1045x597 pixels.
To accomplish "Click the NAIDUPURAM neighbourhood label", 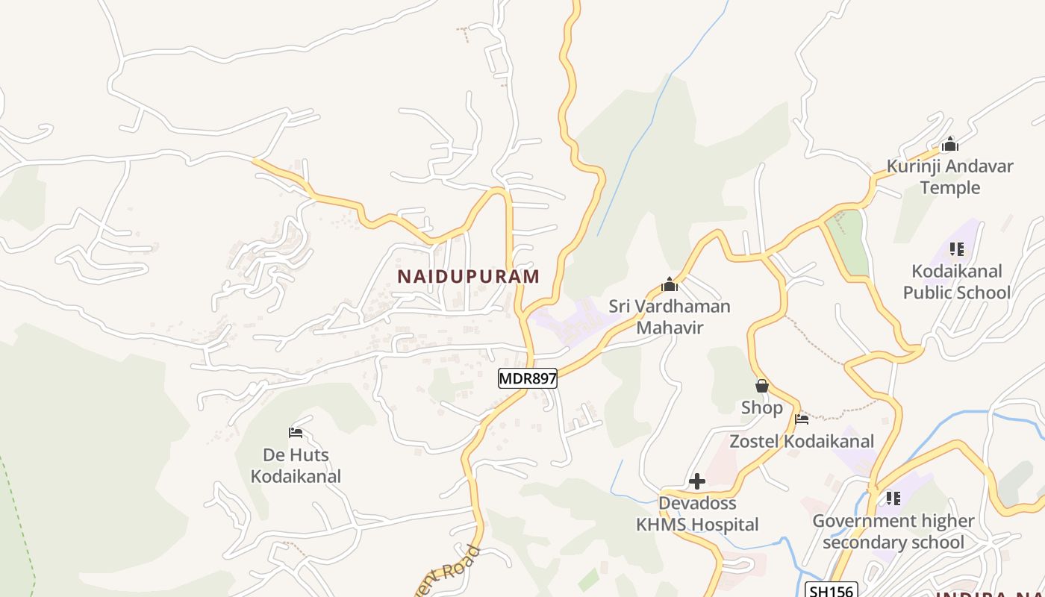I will coord(468,276).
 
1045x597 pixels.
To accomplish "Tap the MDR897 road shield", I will coord(528,378).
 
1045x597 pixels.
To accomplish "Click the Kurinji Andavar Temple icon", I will coord(949,144).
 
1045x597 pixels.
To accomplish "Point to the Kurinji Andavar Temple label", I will coord(949,176).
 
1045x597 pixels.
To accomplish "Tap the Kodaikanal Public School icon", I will coord(956,249).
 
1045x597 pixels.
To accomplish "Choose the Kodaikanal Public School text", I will coord(956,281).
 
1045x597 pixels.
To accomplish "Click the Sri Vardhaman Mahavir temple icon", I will coord(670,284).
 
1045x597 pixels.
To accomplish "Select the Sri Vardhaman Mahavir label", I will coord(670,316).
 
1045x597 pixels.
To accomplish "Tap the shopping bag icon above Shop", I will coord(761,386).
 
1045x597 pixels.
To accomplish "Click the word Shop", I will coord(761,407).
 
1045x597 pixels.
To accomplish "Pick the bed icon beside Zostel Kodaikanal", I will coord(802,419).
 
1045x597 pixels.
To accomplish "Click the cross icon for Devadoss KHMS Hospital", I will coord(697,481).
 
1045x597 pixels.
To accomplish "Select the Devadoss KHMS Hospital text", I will coord(697,514).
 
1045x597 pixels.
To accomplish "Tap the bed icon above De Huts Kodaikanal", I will coord(296,433).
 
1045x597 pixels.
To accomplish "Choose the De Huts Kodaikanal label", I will coord(296,465).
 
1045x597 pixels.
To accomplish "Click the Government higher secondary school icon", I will coord(893,498).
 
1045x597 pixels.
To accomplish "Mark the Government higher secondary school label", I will coord(893,531).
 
